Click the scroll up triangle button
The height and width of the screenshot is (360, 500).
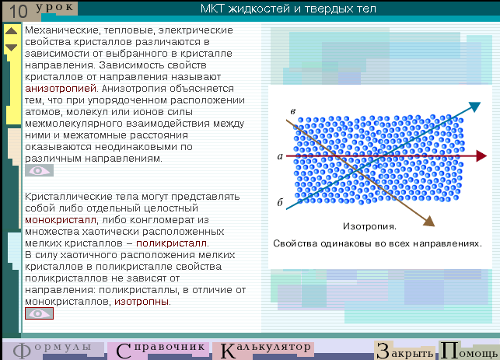(x=12, y=31)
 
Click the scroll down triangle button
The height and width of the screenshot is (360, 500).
(x=12, y=47)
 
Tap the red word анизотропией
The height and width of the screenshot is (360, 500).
(x=61, y=89)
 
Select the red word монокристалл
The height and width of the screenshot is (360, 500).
(x=61, y=220)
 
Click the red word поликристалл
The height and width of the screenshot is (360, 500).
(x=172, y=243)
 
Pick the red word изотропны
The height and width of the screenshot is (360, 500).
(x=142, y=302)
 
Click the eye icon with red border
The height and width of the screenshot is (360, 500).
(x=39, y=313)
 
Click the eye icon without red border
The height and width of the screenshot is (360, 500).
(x=39, y=170)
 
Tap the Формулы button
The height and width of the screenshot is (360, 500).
(x=53, y=350)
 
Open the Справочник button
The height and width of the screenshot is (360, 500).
(x=159, y=350)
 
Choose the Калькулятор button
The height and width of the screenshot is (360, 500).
(x=264, y=350)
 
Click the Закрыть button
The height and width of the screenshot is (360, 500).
(x=405, y=351)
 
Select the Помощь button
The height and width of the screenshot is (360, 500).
(x=469, y=351)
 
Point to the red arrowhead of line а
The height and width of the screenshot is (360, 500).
(x=481, y=156)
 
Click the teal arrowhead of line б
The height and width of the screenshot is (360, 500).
(x=475, y=107)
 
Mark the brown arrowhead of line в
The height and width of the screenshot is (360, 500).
(x=429, y=222)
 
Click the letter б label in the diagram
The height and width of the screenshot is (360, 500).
(x=280, y=202)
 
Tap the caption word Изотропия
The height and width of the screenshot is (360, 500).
(x=369, y=226)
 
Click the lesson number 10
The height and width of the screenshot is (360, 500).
(x=19, y=12)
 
